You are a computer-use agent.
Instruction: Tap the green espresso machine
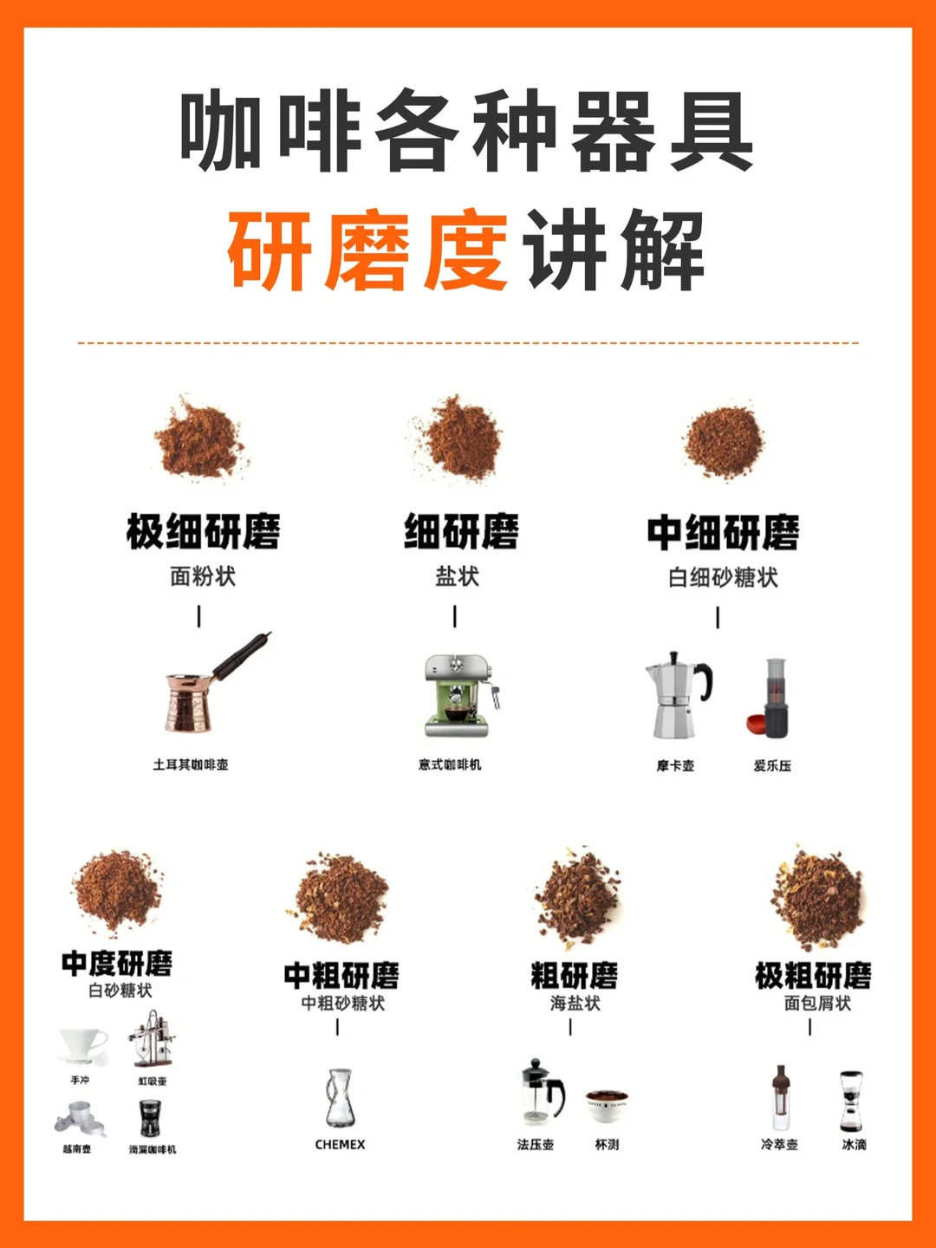click(458, 696)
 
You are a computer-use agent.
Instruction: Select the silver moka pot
click(677, 699)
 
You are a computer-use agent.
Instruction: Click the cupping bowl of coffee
click(607, 1106)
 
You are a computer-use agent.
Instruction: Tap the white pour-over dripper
click(82, 1045)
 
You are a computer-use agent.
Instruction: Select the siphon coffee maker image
click(151, 1039)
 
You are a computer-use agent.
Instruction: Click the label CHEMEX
click(340, 1145)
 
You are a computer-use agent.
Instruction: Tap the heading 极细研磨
click(203, 532)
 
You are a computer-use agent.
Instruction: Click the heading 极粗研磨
click(812, 976)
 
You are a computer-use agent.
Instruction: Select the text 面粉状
click(203, 576)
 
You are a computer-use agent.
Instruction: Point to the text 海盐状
click(575, 1003)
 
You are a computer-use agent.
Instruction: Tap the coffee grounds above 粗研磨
click(577, 898)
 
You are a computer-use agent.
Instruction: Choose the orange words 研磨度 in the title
click(367, 251)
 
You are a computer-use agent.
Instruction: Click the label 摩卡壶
click(675, 765)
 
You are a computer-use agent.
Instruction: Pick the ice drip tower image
click(851, 1101)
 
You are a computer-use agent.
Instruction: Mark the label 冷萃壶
click(779, 1145)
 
